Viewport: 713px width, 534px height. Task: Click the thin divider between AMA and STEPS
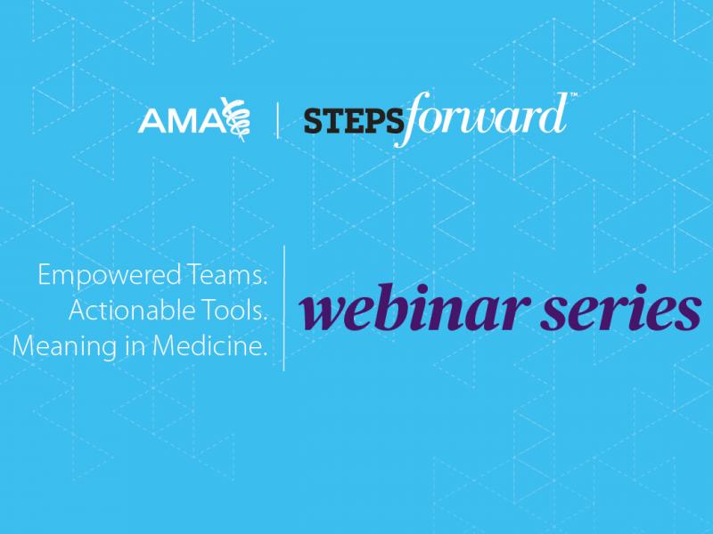tap(277, 120)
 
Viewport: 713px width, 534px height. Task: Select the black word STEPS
tap(348, 120)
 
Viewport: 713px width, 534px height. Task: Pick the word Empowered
tap(94, 278)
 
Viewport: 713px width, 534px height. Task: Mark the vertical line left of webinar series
tap(284, 307)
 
